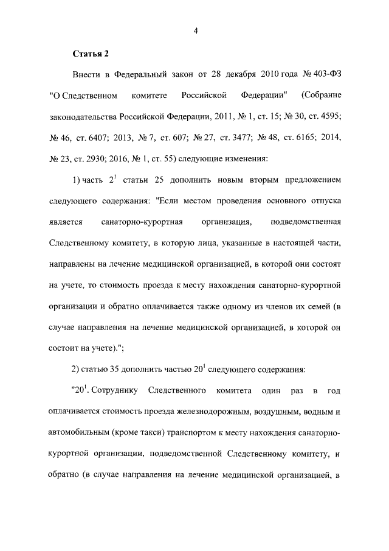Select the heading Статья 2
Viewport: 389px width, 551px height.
[91, 54]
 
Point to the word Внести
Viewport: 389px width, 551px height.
[87, 75]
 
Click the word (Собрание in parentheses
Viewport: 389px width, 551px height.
[320, 96]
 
